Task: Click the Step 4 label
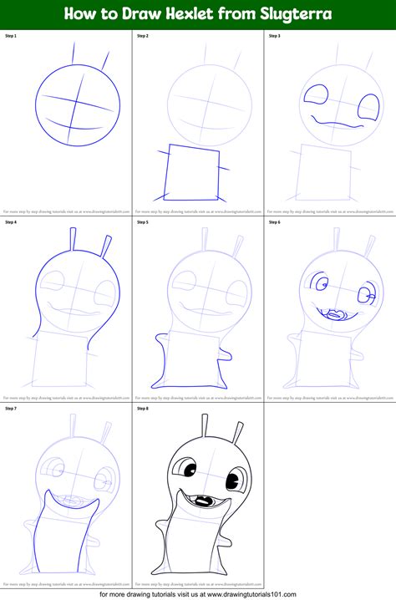coord(12,222)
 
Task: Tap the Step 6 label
coord(275,222)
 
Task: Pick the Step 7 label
coord(12,408)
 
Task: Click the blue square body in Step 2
coord(194,173)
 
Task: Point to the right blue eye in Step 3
coord(368,106)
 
